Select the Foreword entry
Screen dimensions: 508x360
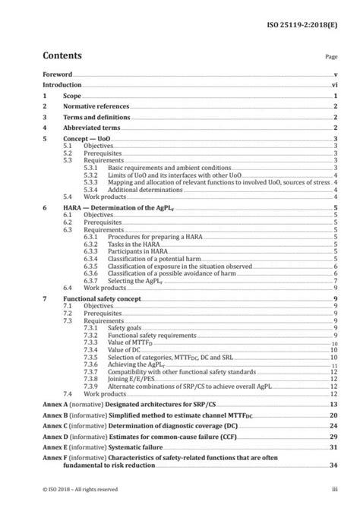pyautogui.click(x=58, y=75)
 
